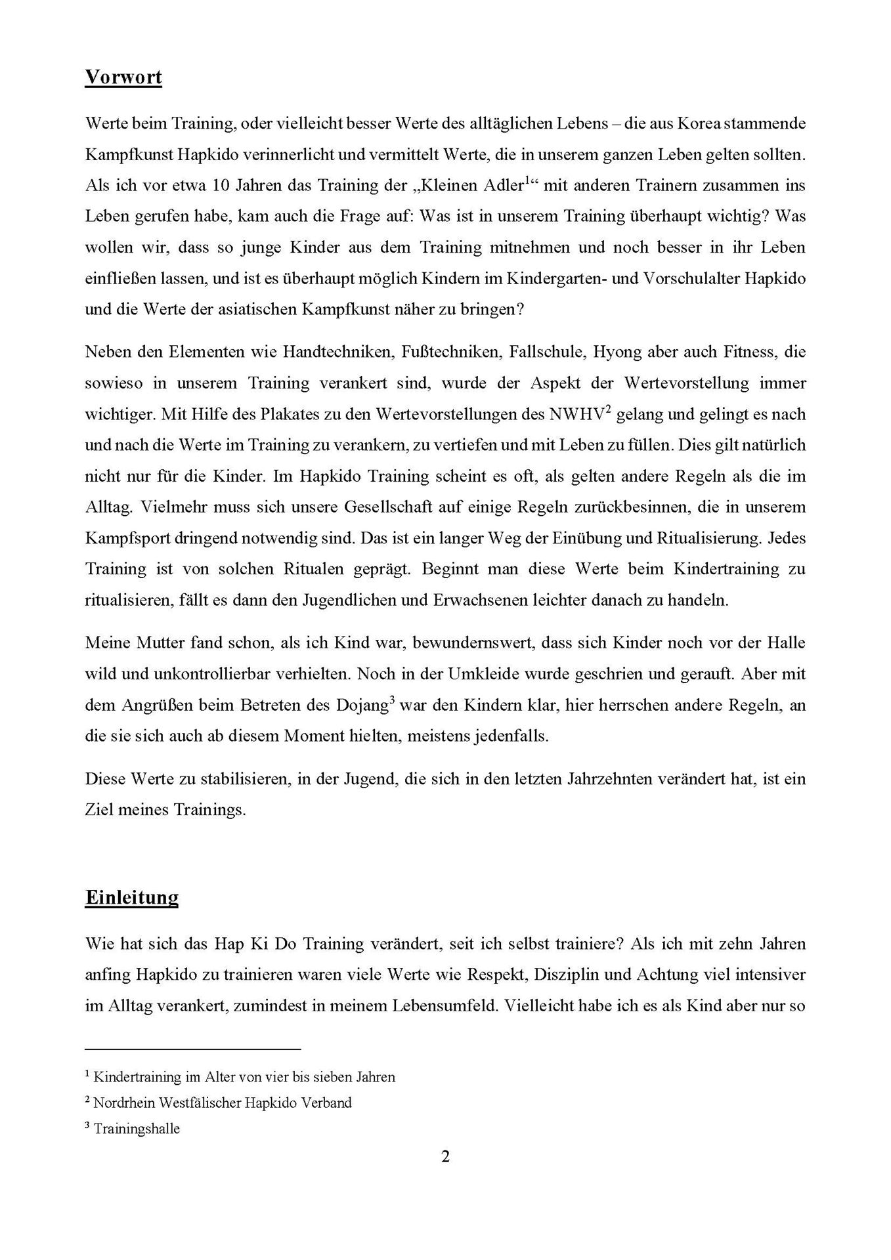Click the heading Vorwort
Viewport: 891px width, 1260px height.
123,77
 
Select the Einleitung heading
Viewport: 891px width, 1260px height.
131,897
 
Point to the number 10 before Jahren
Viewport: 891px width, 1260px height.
223,186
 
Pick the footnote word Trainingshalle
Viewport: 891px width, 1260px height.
137,1129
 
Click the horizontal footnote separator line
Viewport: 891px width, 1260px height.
192,1049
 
